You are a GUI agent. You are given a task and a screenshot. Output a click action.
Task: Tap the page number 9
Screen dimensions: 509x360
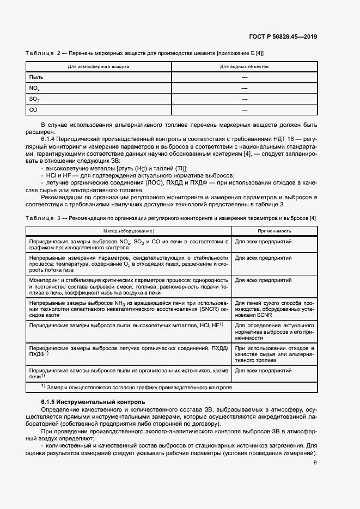pyautogui.click(x=315, y=463)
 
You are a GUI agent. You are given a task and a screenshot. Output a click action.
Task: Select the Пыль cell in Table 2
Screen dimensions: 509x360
pyautogui.click(x=36, y=77)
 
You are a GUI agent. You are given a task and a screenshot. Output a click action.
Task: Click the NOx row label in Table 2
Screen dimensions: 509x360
pyautogui.click(x=34, y=88)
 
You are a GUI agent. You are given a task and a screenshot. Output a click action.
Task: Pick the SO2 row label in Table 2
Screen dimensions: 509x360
pyautogui.click(x=34, y=99)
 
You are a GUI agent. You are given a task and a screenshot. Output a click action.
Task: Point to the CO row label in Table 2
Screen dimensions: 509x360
pyautogui.click(x=33, y=110)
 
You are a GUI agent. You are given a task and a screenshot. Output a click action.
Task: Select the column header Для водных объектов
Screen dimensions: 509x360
pyautogui.click(x=244, y=66)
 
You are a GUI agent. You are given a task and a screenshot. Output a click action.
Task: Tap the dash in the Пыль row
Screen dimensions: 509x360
pyautogui.click(x=244, y=77)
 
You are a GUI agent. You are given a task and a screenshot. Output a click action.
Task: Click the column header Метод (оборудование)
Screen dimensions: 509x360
pyautogui.click(x=129, y=231)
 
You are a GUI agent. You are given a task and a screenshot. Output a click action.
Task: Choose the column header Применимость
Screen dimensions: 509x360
pyautogui.click(x=274, y=231)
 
